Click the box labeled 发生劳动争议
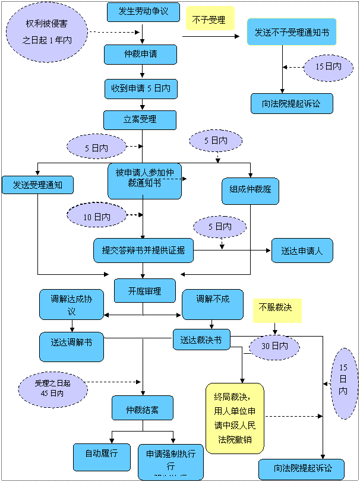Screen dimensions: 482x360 [x=143, y=12]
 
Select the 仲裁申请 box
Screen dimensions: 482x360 [x=141, y=55]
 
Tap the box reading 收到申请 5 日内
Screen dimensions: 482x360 [x=141, y=88]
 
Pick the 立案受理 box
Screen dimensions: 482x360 [x=140, y=120]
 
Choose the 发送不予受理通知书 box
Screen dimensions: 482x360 [x=292, y=31]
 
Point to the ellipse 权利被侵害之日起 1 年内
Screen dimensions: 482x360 [x=48, y=32]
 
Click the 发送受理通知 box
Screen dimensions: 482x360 [x=37, y=185]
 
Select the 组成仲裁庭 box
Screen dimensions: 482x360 [x=250, y=191]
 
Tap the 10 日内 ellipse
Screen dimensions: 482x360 [x=97, y=217]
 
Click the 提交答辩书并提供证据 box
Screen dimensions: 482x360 [x=143, y=250]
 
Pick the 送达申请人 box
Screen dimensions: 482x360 [x=302, y=250]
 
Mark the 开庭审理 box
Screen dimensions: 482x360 [x=144, y=291]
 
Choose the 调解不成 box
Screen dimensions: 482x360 [x=213, y=304]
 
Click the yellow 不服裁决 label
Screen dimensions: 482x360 [x=276, y=310]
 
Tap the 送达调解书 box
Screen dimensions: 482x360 [x=72, y=347]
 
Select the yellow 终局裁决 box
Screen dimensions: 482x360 [x=235, y=418]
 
